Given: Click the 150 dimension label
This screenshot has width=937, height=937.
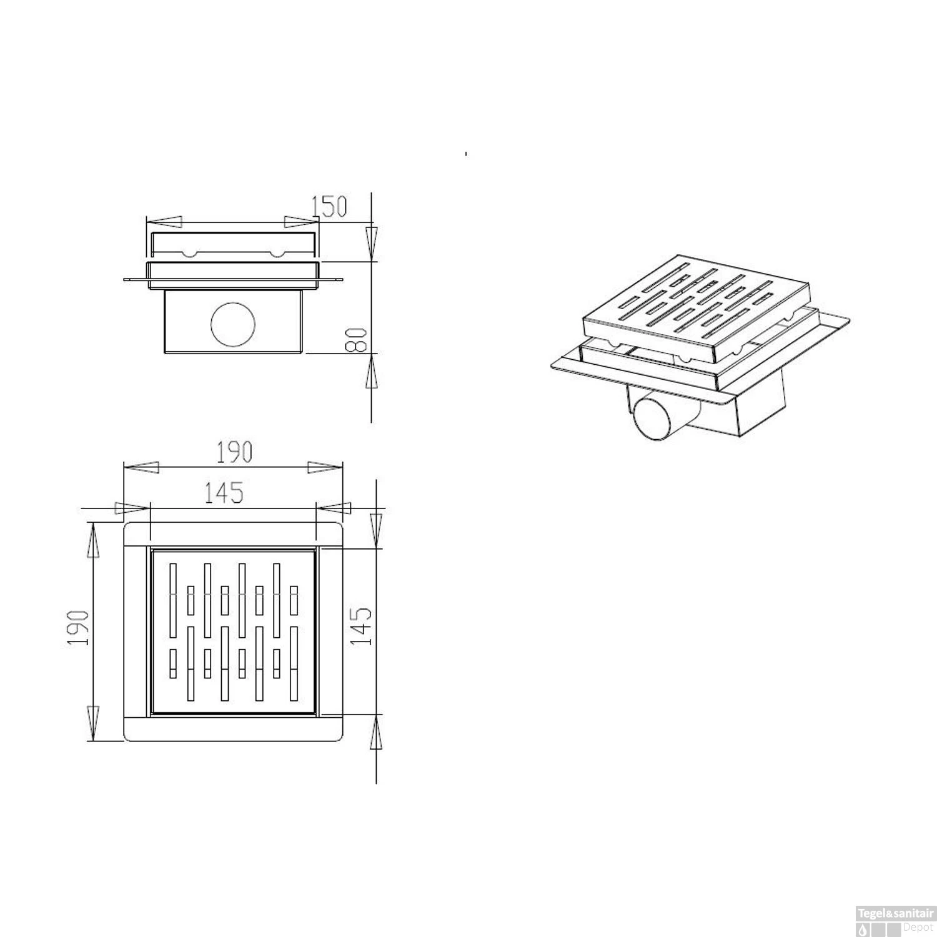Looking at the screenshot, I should point(329,207).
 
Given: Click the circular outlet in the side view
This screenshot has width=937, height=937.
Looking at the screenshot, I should point(233,324).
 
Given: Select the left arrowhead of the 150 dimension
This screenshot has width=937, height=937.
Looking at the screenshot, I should point(164,222).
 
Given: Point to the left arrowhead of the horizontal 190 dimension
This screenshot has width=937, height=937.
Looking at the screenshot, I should point(141,468).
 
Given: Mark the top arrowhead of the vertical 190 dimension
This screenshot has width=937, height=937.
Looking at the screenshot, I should point(93,541).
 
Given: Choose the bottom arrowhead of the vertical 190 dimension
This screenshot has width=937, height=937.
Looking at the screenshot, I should point(93,722).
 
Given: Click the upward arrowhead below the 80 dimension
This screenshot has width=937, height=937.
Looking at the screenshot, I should point(372,372).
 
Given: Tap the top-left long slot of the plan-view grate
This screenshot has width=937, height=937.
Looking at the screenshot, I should point(174,600).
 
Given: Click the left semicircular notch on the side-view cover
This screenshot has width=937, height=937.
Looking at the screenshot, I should point(188,254).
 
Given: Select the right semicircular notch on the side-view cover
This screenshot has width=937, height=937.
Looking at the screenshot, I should point(277,254).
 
